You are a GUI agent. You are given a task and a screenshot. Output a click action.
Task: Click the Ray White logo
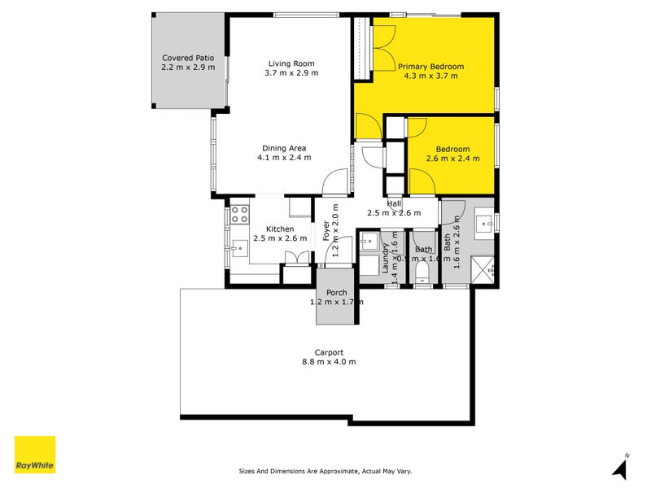tap(35, 455)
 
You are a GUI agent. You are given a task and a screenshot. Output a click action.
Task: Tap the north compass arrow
tap(622, 467)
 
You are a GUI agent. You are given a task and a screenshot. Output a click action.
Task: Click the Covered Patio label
tap(188, 58)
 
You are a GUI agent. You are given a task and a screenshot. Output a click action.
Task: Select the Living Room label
tap(291, 63)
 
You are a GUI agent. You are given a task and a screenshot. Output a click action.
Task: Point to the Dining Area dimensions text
tap(285, 158)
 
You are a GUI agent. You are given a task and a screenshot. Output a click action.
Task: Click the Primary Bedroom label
tap(430, 67)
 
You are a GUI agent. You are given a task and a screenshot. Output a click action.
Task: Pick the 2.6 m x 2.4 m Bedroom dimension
tap(452, 159)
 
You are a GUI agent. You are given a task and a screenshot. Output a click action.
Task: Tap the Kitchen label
tap(279, 229)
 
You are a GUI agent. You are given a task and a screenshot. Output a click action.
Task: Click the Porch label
tap(337, 293)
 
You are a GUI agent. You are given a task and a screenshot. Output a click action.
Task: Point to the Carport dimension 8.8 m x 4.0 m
tap(330, 362)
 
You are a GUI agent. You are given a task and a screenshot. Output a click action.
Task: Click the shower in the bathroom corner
tap(487, 267)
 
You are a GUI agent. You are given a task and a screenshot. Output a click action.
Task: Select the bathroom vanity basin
tap(486, 220)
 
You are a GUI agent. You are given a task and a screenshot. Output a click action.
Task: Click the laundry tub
tap(370, 240)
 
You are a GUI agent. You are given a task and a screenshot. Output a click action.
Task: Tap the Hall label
tap(395, 203)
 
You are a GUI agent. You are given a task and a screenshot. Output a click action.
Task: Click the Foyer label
tap(326, 233)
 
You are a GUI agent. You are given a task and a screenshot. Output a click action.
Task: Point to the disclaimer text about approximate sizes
tap(330, 471)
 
